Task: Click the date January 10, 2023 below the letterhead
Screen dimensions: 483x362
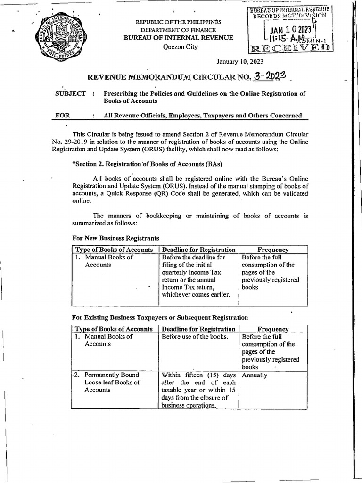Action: pos(239,62)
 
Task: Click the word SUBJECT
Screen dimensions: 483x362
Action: pos(71,93)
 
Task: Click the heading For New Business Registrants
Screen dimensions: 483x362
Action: pos(115,238)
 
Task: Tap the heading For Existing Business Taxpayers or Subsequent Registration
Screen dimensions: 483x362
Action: pos(160,317)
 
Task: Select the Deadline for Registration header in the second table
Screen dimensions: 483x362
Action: pos(198,329)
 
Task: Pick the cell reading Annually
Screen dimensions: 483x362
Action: pos(255,375)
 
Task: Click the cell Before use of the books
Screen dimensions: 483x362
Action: pos(195,337)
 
